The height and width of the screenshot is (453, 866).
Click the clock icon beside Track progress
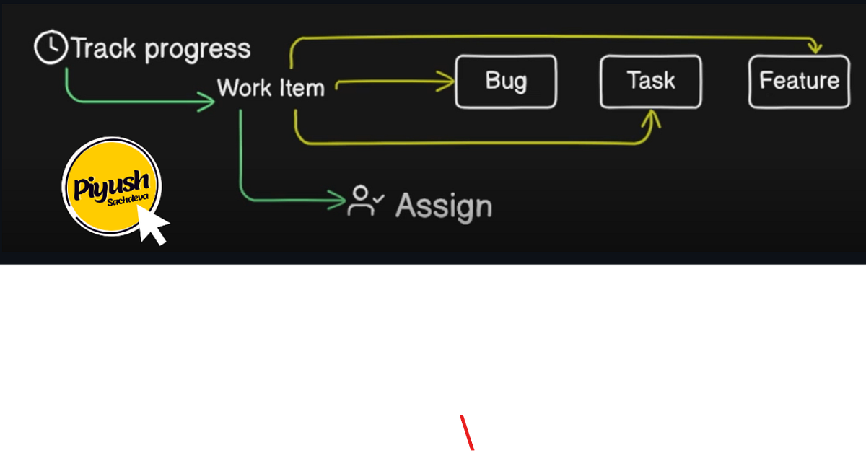[x=51, y=47]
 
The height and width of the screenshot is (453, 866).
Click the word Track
[x=103, y=48]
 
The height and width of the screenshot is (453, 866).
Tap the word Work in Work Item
[x=245, y=88]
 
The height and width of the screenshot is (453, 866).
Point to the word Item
[x=302, y=88]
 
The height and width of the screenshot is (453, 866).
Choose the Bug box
[x=506, y=82]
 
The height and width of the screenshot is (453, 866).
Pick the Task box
[x=651, y=82]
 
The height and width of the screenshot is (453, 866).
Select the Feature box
[x=799, y=82]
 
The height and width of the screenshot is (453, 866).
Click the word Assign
[x=444, y=206]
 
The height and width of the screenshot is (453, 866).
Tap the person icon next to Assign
[x=361, y=201]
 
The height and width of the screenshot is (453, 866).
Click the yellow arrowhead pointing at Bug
[x=446, y=82]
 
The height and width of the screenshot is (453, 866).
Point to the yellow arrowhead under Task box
[x=652, y=118]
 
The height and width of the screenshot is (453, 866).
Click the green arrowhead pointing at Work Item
[x=206, y=102]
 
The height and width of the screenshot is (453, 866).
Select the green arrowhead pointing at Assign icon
[x=337, y=200]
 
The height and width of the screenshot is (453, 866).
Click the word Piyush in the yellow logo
[x=111, y=185]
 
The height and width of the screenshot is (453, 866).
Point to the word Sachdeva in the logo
[x=128, y=199]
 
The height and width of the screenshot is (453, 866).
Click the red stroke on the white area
[x=467, y=433]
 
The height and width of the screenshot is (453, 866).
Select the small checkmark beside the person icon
[x=379, y=199]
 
